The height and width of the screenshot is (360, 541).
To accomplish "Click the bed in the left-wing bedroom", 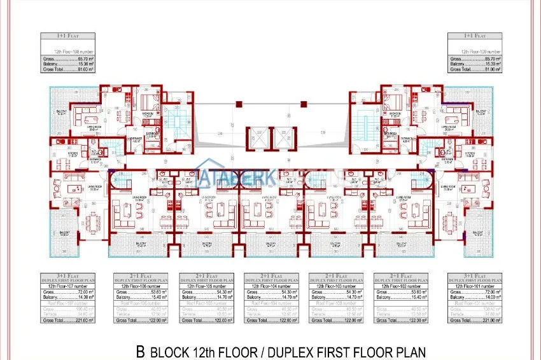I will tap(150, 102).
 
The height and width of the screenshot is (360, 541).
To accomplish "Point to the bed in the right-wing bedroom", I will tap(392, 102).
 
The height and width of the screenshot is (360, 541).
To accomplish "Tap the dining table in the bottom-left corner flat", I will tap(94, 223).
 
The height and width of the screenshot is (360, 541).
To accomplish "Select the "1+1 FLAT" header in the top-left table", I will tap(68, 37).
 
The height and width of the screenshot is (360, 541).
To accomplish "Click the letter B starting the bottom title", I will tap(141, 351).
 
